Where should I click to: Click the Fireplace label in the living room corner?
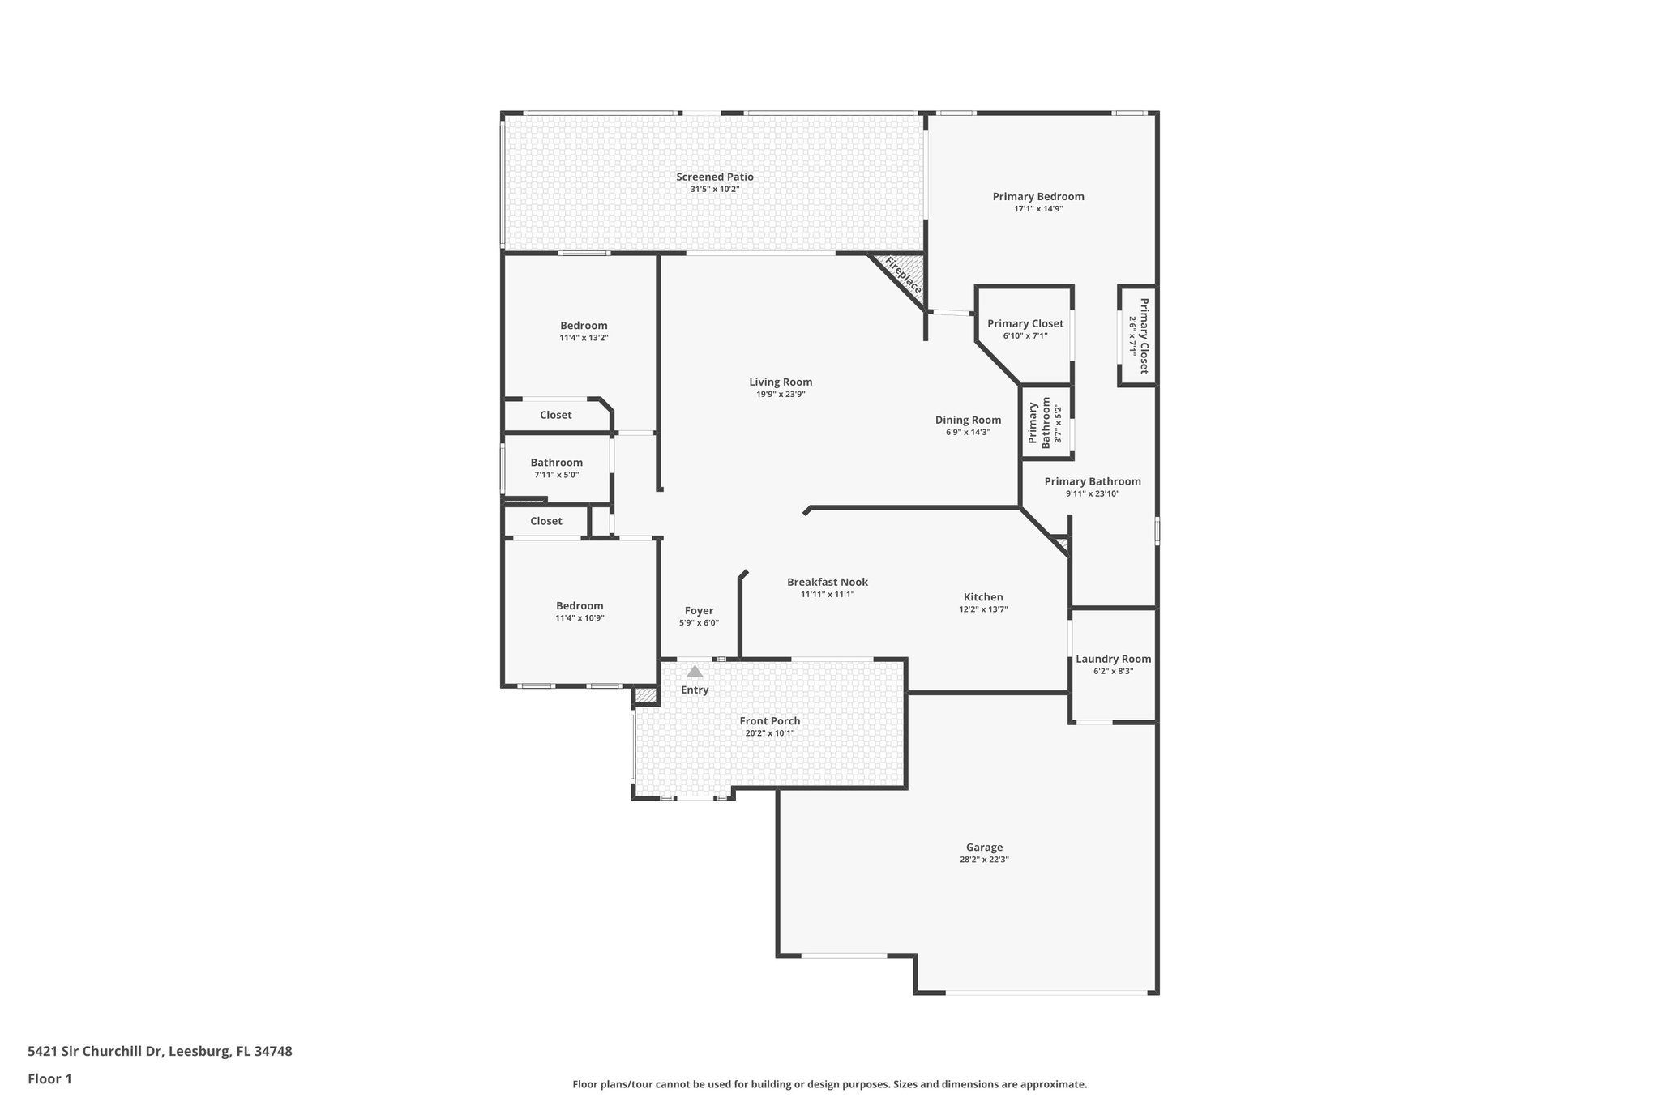click(902, 275)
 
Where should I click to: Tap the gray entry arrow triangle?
click(695, 671)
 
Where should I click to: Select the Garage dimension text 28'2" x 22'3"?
click(983, 860)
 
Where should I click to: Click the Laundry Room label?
click(1113, 659)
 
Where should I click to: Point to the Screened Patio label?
click(714, 177)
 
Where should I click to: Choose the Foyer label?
click(699, 611)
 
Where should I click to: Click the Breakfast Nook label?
click(827, 582)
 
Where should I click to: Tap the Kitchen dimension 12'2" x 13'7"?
click(982, 609)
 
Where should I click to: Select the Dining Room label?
click(968, 420)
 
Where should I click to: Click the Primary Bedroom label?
click(1037, 196)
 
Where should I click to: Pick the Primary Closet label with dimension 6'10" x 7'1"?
click(1025, 323)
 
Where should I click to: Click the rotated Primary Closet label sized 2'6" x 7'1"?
click(1144, 335)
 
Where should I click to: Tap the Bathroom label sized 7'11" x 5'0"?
click(556, 463)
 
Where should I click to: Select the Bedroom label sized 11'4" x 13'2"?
click(584, 326)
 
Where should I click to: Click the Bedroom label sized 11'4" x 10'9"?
click(580, 606)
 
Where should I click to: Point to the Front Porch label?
click(769, 720)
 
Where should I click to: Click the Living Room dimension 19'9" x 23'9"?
click(780, 395)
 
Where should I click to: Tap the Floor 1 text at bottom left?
click(49, 1078)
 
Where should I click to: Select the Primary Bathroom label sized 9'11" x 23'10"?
click(1092, 481)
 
